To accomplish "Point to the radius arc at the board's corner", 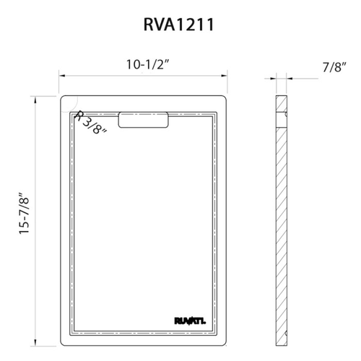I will [73, 100].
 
